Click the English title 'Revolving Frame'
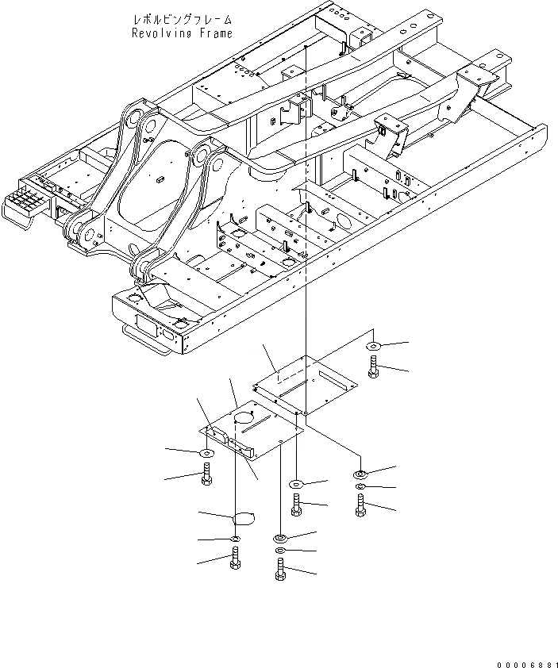click(182, 33)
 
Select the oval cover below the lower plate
click(243, 520)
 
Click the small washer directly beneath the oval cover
click(236, 539)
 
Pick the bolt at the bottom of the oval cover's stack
click(235, 560)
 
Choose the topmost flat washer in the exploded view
click(374, 347)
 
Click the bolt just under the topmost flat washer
click(373, 367)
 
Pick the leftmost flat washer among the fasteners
click(206, 453)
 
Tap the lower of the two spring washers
click(279, 551)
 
